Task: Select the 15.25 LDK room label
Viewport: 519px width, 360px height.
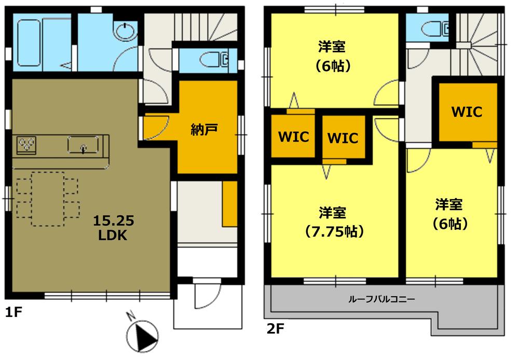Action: (x=114, y=228)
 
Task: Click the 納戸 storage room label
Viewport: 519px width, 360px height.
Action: (x=203, y=130)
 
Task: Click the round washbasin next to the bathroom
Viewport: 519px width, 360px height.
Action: (x=125, y=31)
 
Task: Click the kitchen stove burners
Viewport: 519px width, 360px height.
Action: (x=26, y=144)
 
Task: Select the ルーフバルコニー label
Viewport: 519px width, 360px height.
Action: (x=381, y=299)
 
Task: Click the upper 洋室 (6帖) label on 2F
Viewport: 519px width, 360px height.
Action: (x=333, y=57)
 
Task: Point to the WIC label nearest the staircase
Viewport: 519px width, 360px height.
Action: (x=466, y=112)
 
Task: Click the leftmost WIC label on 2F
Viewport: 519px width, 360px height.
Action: (x=293, y=137)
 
